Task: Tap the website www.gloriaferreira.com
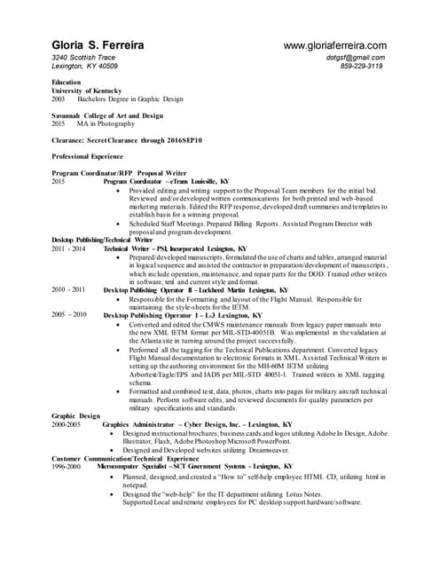[x=334, y=45]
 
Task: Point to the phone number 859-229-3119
[x=361, y=66]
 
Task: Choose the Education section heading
[x=68, y=83]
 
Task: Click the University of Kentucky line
[x=86, y=91]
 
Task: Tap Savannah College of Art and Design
[x=107, y=115]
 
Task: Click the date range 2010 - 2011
[x=68, y=289]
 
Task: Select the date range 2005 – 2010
[x=68, y=314]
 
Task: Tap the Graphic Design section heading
[x=75, y=415]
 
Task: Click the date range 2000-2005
[x=67, y=424]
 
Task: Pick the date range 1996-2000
[x=67, y=465]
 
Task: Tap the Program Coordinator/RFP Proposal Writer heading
[x=119, y=173]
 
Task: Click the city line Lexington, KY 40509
[x=85, y=66]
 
